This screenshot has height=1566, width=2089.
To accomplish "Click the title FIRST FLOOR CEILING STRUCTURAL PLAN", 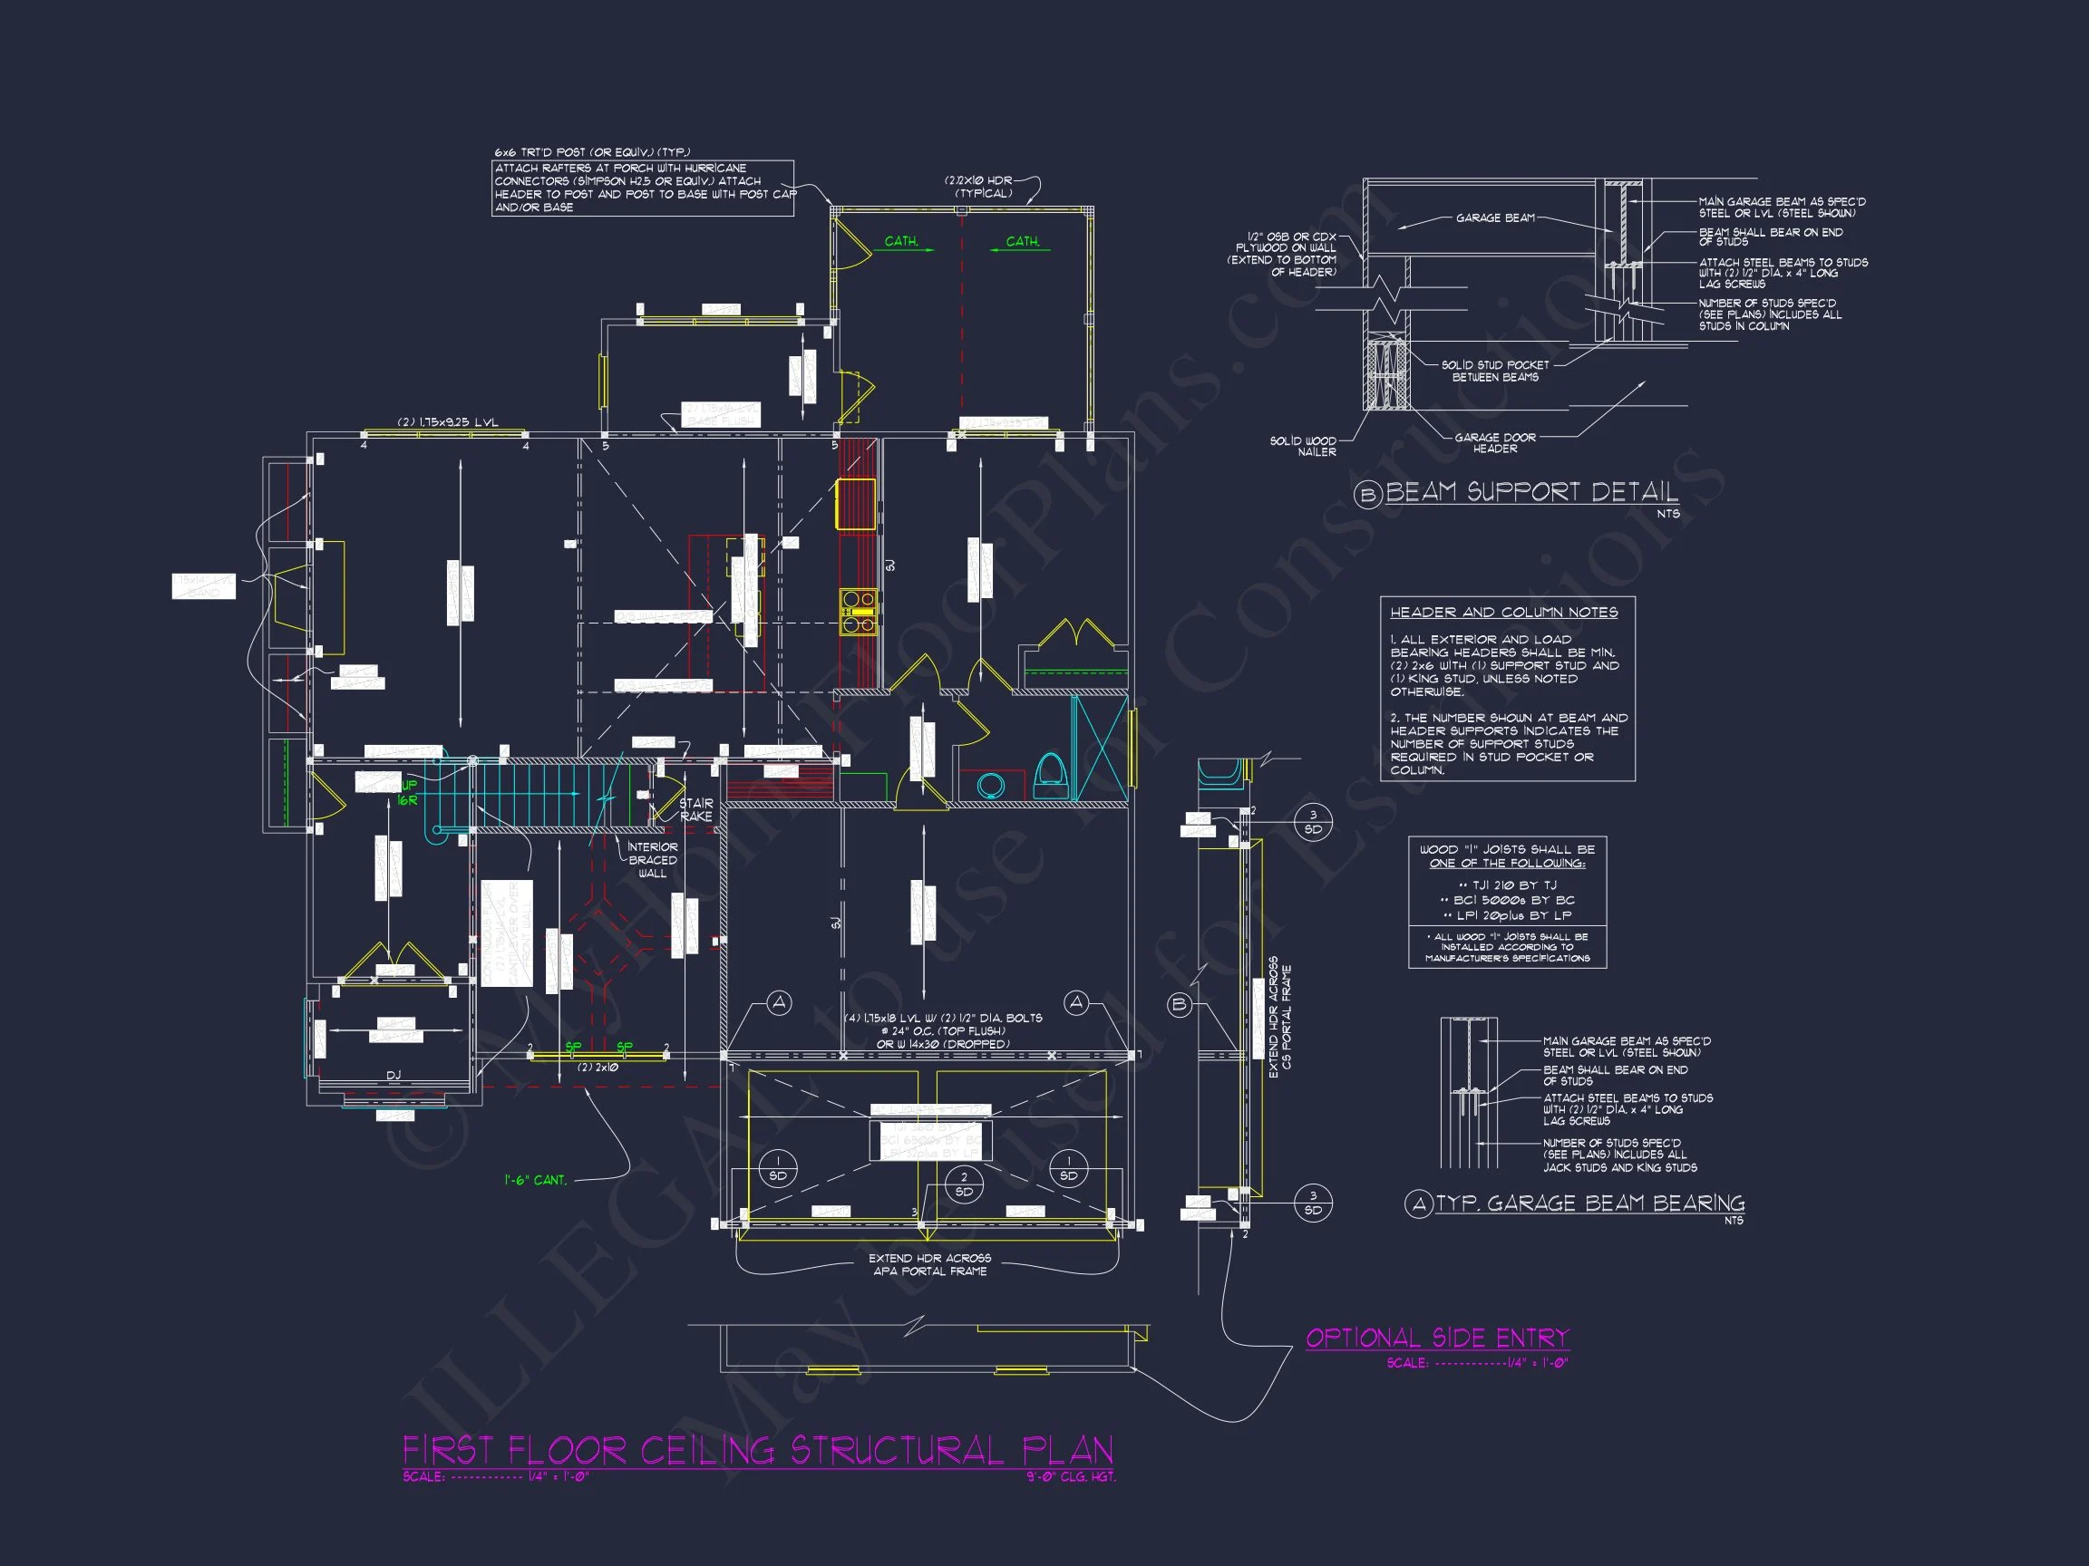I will pyautogui.click(x=757, y=1450).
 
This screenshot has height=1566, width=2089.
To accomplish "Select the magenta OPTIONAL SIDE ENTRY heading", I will pyautogui.click(x=1436, y=1338).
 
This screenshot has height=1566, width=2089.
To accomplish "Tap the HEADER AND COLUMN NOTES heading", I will pyautogui.click(x=1503, y=613).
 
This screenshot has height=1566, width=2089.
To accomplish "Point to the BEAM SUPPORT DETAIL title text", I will pyautogui.click(x=1530, y=492).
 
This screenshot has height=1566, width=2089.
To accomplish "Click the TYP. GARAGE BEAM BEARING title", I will pyautogui.click(x=1589, y=1203).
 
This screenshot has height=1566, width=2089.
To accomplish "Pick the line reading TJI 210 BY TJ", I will pyautogui.click(x=1506, y=885).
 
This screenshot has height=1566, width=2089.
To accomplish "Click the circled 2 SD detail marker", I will pyautogui.click(x=963, y=1184).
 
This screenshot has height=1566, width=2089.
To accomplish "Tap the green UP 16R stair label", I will pyautogui.click(x=407, y=793).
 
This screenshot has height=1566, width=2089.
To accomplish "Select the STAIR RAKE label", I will pyautogui.click(x=696, y=810).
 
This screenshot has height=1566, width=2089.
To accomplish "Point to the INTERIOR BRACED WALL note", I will pyautogui.click(x=653, y=860).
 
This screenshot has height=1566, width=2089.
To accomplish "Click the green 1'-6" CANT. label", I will pyautogui.click(x=536, y=1180).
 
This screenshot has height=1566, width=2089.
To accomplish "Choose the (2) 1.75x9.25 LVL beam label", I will pyautogui.click(x=448, y=422).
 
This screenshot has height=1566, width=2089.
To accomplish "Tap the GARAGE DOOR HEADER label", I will pyautogui.click(x=1495, y=443).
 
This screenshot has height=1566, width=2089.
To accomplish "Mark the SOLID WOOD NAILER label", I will pyautogui.click(x=1303, y=447).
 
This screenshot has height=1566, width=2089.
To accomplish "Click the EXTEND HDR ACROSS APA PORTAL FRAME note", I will pyautogui.click(x=929, y=1265).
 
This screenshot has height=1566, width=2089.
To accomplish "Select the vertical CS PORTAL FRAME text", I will pyautogui.click(x=1287, y=1017).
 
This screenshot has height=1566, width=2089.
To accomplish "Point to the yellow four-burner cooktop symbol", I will pyautogui.click(x=859, y=611).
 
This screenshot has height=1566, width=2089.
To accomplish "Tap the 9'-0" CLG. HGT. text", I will pyautogui.click(x=1071, y=1476).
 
